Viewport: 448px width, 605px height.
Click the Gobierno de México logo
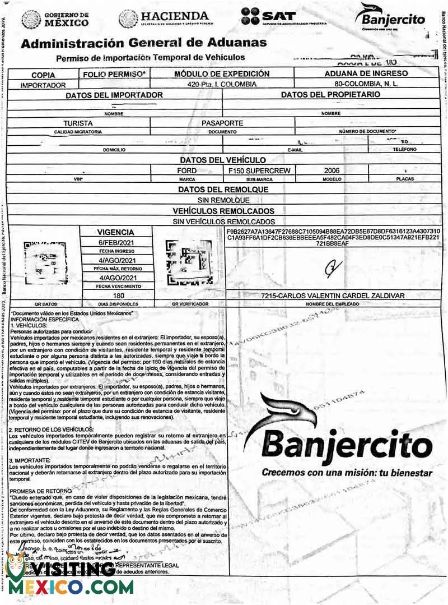point(55,20)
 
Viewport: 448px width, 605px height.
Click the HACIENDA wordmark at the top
point(164,19)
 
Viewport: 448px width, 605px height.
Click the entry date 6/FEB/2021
point(116,242)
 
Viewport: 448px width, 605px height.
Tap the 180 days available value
point(118,295)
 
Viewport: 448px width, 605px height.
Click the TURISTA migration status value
point(77,122)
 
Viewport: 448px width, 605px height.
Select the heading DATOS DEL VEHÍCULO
point(223,160)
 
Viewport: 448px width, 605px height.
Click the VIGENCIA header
point(115,232)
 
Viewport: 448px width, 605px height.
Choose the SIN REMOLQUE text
point(223,200)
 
